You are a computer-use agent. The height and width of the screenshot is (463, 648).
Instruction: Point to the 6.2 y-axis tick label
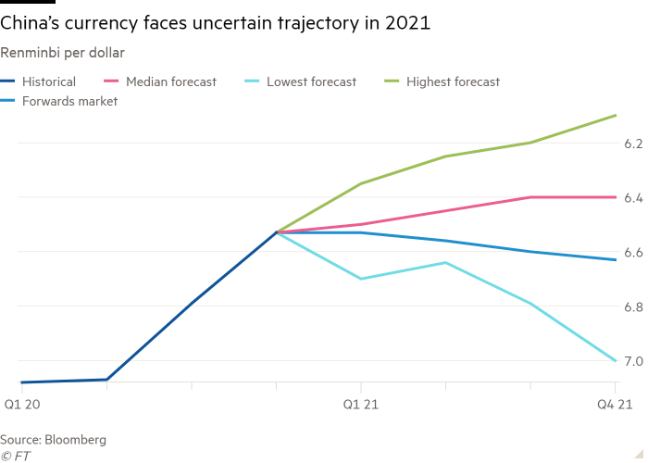click(633, 144)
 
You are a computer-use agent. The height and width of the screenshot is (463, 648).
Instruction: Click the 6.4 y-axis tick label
click(633, 198)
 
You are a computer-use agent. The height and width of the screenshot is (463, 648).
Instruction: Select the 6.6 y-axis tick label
click(633, 253)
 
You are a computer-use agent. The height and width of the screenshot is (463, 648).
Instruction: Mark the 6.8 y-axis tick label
click(633, 307)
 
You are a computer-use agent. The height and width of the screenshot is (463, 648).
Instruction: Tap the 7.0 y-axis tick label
click(633, 362)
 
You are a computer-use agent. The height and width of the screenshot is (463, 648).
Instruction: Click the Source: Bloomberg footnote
click(54, 439)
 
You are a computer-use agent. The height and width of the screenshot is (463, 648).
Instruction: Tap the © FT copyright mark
click(16, 456)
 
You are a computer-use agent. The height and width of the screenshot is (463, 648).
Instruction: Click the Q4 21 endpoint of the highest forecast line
click(616, 115)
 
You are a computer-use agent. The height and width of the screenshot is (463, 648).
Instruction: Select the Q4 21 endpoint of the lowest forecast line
click(616, 360)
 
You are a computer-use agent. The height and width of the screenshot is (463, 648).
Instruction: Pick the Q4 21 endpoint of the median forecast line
click(616, 197)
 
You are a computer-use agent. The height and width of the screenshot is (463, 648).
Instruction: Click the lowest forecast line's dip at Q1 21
click(360, 278)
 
